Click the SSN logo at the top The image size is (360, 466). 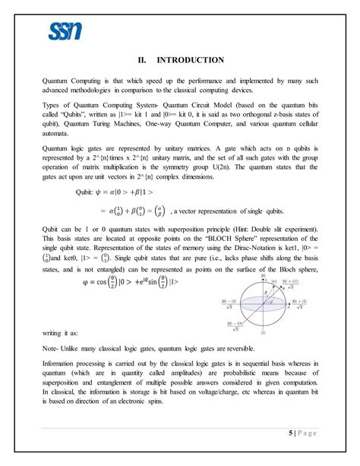pos(65,32)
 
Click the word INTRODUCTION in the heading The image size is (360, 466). pos(190,60)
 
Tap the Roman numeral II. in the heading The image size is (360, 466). pos(143,60)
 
